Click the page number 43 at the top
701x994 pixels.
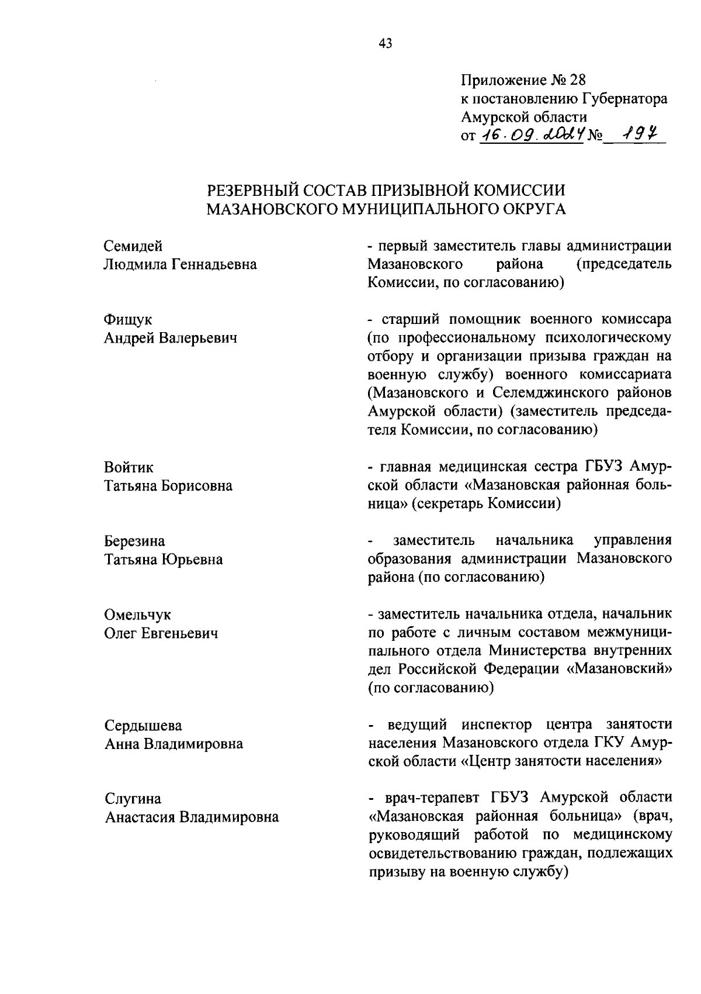click(386, 43)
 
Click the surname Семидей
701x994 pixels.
click(133, 246)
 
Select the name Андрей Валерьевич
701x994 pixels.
click(171, 338)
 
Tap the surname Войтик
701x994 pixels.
click(129, 467)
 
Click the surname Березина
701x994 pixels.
click(135, 541)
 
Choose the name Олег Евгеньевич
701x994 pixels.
click(161, 633)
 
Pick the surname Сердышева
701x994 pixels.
click(143, 726)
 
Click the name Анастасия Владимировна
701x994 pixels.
click(192, 817)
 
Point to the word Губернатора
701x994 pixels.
click(626, 99)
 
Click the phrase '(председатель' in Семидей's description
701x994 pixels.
click(623, 264)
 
